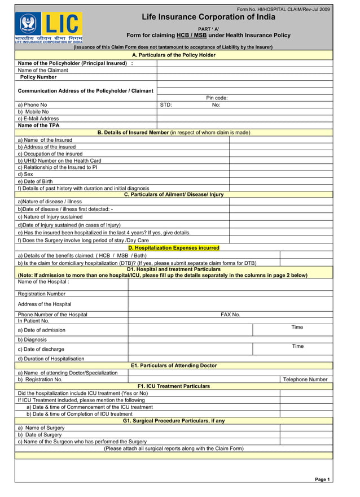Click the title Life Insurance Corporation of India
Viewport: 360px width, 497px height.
click(x=208, y=17)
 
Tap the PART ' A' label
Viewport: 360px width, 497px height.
click(x=208, y=28)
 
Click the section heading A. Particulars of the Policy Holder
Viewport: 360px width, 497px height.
click(x=174, y=55)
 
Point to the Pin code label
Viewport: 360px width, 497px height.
click(x=217, y=98)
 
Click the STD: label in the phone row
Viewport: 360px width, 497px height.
click(x=166, y=105)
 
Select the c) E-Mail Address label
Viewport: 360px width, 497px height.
click(x=38, y=119)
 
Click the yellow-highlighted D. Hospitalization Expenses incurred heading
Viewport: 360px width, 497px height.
click(x=174, y=248)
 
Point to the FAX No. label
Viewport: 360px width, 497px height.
click(x=230, y=315)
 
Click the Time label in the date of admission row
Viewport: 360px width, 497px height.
click(x=297, y=328)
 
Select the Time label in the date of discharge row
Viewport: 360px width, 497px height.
click(x=297, y=346)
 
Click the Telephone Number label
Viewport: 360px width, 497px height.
click(x=305, y=380)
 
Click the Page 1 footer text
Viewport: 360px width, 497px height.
click(x=322, y=479)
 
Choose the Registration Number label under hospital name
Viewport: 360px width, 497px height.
click(x=42, y=294)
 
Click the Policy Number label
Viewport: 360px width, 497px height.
click(x=38, y=77)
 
